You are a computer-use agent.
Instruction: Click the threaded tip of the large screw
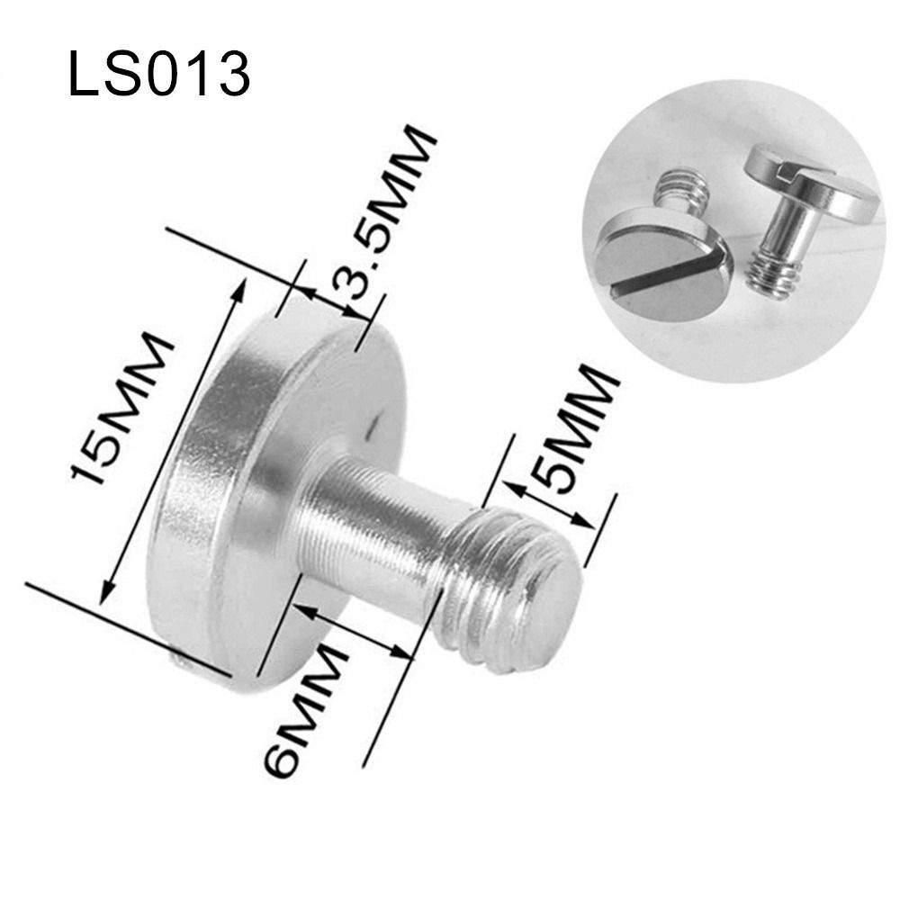coord(513,594)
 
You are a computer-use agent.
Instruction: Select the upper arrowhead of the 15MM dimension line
coord(239,288)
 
